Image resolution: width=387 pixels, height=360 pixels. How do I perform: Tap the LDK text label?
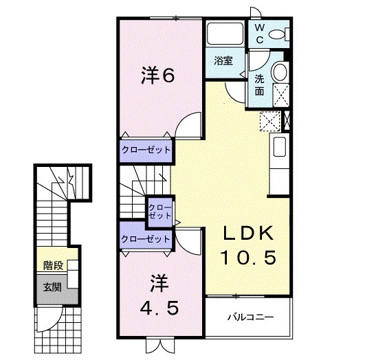[248, 233]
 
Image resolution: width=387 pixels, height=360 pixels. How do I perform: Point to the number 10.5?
[248, 258]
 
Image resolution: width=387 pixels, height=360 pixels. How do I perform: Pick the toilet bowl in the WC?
[278, 33]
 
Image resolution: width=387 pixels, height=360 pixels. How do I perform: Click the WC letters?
[261, 33]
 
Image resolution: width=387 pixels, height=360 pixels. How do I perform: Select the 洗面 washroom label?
[260, 84]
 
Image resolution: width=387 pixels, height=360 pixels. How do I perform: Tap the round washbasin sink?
[280, 71]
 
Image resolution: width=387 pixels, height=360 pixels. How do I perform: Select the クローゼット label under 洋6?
[146, 149]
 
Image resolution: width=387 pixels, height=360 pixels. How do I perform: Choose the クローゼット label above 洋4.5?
[145, 238]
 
